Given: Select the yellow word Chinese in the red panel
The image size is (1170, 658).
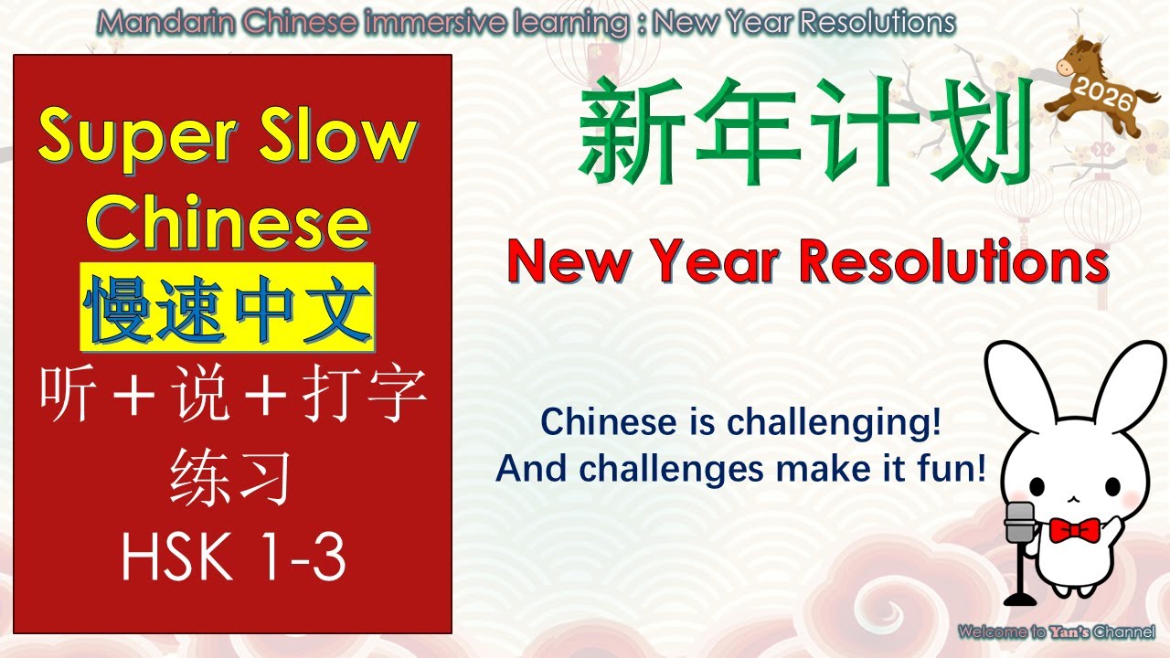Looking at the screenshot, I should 232,223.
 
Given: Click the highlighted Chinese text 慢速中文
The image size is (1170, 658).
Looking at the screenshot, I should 228,308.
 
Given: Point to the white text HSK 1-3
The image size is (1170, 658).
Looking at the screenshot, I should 234,557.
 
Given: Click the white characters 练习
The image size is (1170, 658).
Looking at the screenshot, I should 232,478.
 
